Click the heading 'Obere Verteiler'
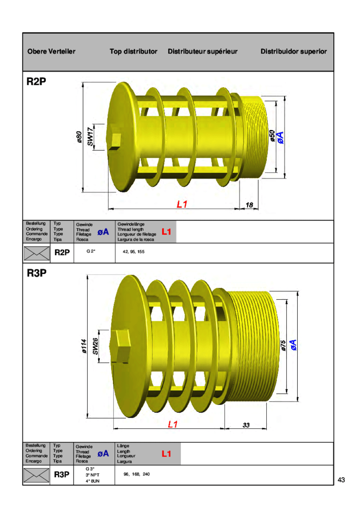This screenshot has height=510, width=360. [52, 51]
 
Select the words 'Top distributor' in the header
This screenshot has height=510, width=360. [134, 51]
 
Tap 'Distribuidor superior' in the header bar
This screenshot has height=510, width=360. [293, 51]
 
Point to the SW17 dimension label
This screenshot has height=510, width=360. [90, 137]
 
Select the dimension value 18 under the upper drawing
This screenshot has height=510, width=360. [249, 205]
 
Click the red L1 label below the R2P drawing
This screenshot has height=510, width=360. [182, 205]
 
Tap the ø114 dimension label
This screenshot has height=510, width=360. [84, 346]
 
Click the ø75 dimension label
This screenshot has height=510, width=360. [284, 346]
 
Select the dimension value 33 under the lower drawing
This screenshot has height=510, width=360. [246, 425]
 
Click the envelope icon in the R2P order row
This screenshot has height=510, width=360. [37, 253]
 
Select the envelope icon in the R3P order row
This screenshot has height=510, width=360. [37, 475]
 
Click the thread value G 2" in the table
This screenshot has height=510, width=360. [91, 251]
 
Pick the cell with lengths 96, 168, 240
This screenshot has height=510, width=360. [136, 474]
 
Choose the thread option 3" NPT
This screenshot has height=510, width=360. [92, 475]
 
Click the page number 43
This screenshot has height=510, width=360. [341, 480]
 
